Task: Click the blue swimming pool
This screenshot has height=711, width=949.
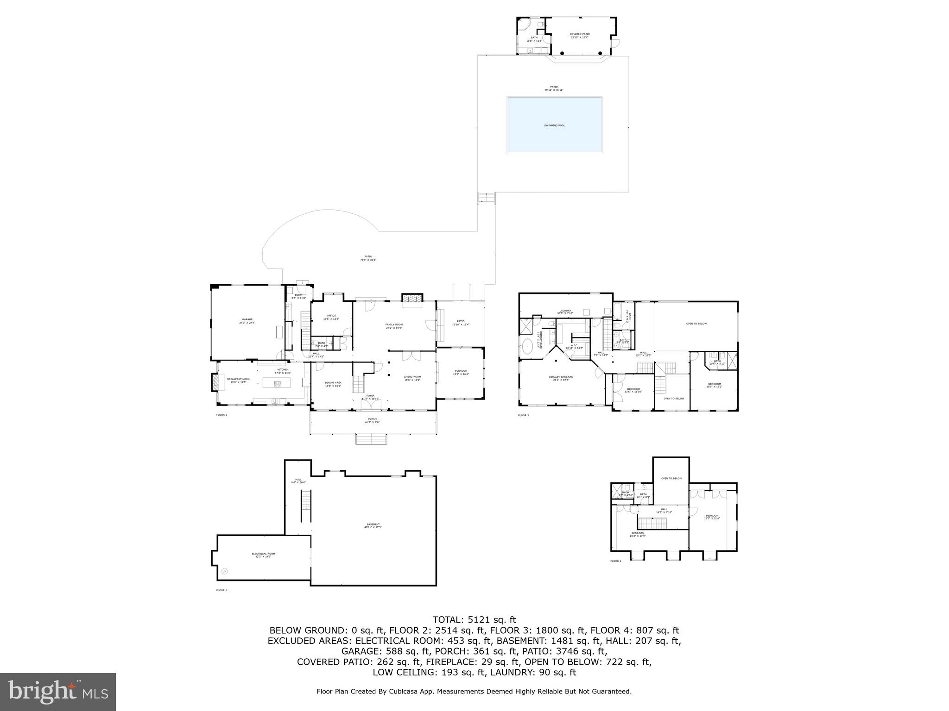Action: (554, 125)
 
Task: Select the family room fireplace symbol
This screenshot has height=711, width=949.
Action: (412, 298)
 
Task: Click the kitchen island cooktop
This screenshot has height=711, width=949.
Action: (278, 383)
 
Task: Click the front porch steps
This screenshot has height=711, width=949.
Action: (371, 439)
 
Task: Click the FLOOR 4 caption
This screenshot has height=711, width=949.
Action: (615, 561)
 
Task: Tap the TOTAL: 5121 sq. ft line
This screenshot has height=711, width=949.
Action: (474, 619)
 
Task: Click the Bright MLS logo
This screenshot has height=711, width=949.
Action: (58, 692)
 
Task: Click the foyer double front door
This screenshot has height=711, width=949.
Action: (371, 405)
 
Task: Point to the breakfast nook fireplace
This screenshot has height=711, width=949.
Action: (215, 382)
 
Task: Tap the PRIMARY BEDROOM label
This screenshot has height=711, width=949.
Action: (561, 378)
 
